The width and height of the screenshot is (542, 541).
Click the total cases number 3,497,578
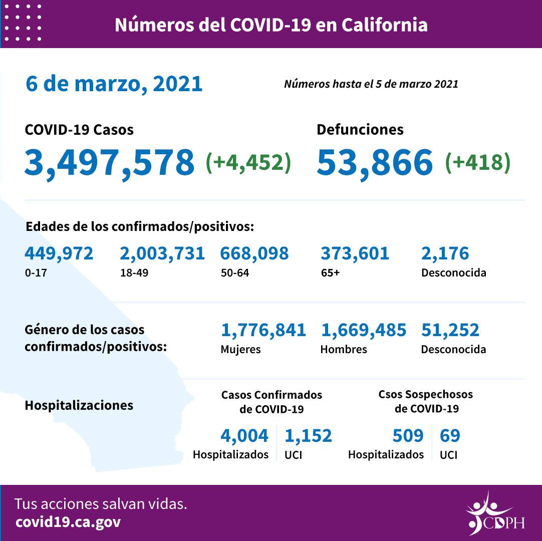pos(109,162)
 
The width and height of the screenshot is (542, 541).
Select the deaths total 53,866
pos(374,162)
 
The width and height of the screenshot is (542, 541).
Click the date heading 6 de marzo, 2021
pos(114,84)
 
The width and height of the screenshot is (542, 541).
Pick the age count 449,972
pos(59,253)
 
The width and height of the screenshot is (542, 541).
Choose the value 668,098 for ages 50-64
pos(254,253)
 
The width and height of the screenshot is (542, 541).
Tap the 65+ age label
pos(330,273)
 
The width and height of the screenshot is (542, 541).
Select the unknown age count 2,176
pos(445,253)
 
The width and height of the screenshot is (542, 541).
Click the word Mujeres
pos(240,349)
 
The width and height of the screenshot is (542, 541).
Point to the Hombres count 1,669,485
pos(363,330)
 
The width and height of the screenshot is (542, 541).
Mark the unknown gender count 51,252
pos(450,330)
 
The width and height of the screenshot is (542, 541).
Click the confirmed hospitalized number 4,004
pos(244,435)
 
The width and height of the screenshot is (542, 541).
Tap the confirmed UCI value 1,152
pos(308,435)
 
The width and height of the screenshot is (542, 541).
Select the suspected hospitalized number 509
pos(408,435)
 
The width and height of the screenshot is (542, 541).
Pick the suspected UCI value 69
pos(450,435)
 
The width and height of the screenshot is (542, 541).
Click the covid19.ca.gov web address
pos(68,522)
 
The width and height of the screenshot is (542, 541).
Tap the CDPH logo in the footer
pos(494,513)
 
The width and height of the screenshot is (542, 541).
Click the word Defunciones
pos(360,130)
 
